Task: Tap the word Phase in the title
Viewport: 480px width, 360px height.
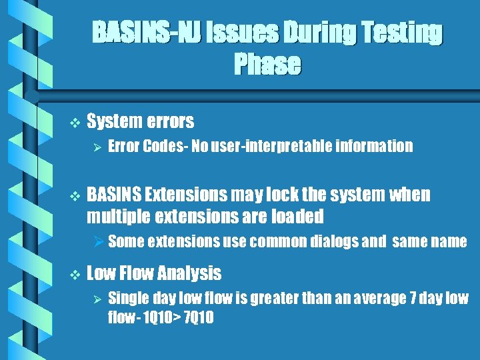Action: coord(267,65)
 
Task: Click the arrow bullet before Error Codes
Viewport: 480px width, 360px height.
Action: coord(97,146)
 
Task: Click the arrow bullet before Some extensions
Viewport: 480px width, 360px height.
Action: coord(97,241)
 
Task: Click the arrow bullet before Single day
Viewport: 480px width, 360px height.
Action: coord(97,298)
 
